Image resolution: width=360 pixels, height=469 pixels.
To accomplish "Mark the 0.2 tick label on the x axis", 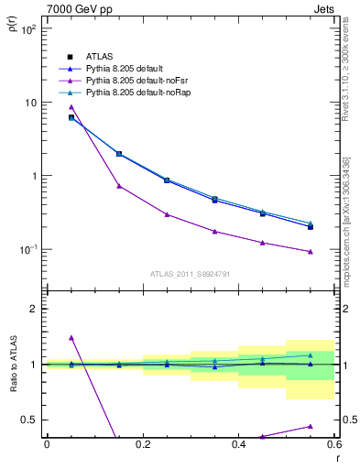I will (142, 444).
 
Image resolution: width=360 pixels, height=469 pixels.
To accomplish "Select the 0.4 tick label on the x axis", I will (238, 444).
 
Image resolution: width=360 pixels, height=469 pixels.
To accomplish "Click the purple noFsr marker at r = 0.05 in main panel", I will (71, 107).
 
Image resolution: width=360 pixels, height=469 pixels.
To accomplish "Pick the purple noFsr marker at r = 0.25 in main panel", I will (167, 214).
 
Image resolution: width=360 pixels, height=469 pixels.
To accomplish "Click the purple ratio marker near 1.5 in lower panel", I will (71, 338).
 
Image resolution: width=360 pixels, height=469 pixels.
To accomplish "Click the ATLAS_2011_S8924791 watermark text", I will (189, 273).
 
